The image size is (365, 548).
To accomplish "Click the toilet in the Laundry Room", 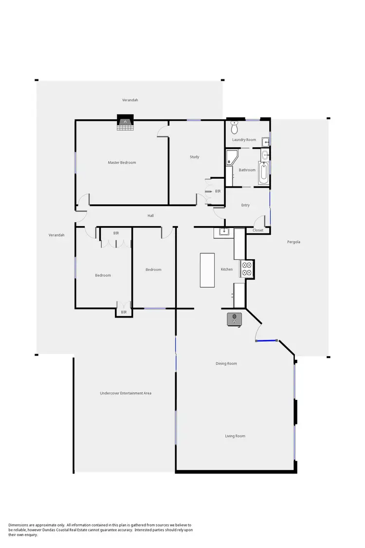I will pos(234,128).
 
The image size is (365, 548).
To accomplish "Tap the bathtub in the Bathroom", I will pos(263,174).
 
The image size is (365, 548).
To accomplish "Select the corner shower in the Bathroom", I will pos(232,158).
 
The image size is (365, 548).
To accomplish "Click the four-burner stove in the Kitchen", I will pos(247,269).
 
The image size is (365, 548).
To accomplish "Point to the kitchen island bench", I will pos(207,269).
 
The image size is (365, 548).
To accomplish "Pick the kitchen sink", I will pos(224,232).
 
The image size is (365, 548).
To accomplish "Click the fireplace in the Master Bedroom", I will pos(125,123).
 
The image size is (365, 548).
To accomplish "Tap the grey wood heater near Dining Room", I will pos(235,319).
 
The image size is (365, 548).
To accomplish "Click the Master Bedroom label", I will pos(122,163).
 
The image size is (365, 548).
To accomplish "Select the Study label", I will pos(194,157).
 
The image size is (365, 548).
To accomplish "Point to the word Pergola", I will pos(293,242).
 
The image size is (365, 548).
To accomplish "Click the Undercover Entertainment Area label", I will pos(125,393).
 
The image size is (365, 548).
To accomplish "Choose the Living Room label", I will pos(235,436).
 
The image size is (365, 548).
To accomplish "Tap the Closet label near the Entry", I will pos(258,230).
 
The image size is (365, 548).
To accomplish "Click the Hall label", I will pos(151,215).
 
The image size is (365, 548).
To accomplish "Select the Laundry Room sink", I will pos(265,142).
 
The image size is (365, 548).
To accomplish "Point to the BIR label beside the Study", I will pos(218,191).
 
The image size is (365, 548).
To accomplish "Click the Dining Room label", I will pos(226,363).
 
